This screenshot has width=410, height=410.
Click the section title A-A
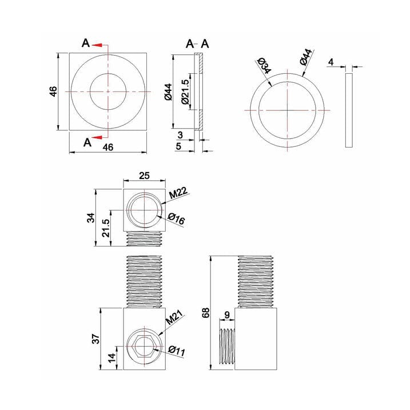197,44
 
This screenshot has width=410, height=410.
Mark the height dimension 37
96,339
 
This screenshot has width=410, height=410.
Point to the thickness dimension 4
332,61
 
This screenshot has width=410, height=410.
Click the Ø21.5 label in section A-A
185,91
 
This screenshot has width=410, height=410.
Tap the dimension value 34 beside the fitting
91,218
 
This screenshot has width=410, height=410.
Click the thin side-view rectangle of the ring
349,109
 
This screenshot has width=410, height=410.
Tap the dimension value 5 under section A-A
180,148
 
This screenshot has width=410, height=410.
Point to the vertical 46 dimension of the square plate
53,92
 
